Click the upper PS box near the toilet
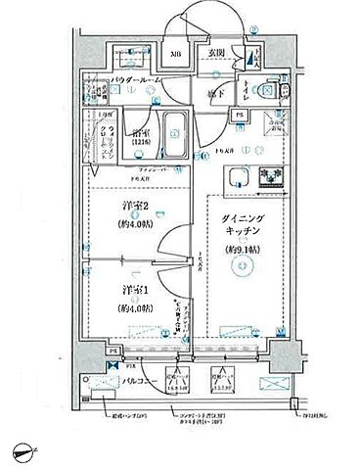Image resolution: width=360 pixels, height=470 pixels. point(238,115)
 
